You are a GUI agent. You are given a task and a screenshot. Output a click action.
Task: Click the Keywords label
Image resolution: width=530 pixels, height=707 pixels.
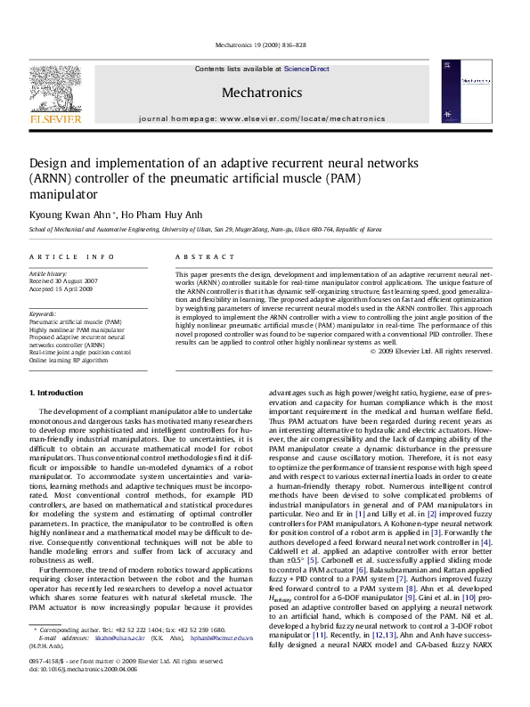point(44,314)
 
